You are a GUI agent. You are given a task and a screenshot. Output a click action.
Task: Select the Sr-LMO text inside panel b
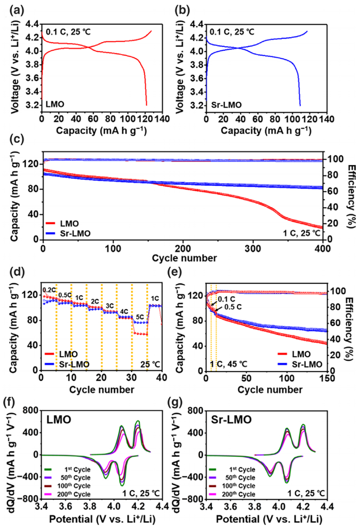click(x=226, y=105)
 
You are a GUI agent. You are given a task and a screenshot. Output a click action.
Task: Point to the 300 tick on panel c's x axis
click(x=253, y=249)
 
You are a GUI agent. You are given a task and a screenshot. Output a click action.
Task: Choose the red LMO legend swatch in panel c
click(x=50, y=223)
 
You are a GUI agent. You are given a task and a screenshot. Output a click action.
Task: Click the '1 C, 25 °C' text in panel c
click(x=302, y=233)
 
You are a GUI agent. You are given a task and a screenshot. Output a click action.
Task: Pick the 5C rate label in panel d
click(x=140, y=317)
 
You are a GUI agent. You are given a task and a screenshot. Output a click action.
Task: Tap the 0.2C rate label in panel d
click(x=49, y=290)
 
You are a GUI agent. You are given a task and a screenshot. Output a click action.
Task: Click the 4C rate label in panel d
click(x=124, y=312)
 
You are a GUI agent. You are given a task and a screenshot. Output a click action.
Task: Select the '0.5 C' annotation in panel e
click(x=233, y=307)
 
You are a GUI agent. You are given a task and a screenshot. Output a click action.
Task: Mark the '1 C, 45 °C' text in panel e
click(x=228, y=364)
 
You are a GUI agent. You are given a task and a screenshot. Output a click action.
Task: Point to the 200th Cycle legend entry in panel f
click(x=74, y=494)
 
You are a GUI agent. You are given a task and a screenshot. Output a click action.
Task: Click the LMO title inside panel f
click(x=59, y=419)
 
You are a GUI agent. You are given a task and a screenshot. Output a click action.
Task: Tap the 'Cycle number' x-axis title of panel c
click(x=184, y=258)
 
